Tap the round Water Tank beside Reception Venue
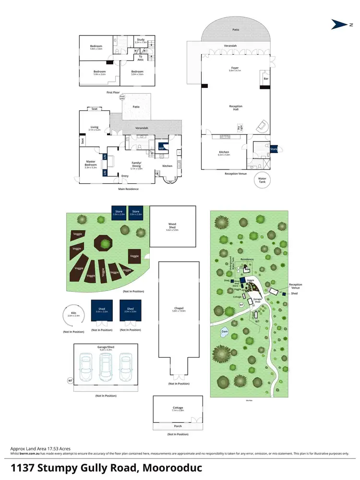(x=262, y=180)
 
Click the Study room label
(x=141, y=40)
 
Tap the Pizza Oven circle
(x=122, y=97)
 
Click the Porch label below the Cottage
(x=178, y=426)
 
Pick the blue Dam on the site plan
(x=224, y=331)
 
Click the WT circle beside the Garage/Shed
(x=70, y=381)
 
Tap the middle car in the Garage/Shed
(x=106, y=368)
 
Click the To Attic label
(x=141, y=58)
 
